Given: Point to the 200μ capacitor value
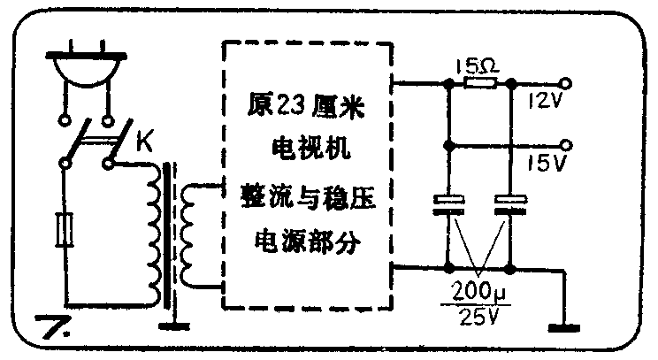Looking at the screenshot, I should coord(478,289).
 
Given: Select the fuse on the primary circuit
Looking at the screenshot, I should coord(63,233).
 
